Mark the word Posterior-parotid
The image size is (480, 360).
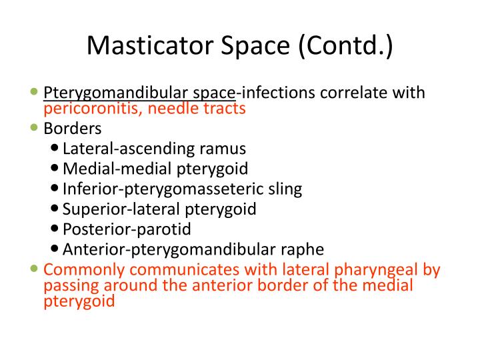pos(127,229)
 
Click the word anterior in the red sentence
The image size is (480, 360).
pos(213,285)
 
